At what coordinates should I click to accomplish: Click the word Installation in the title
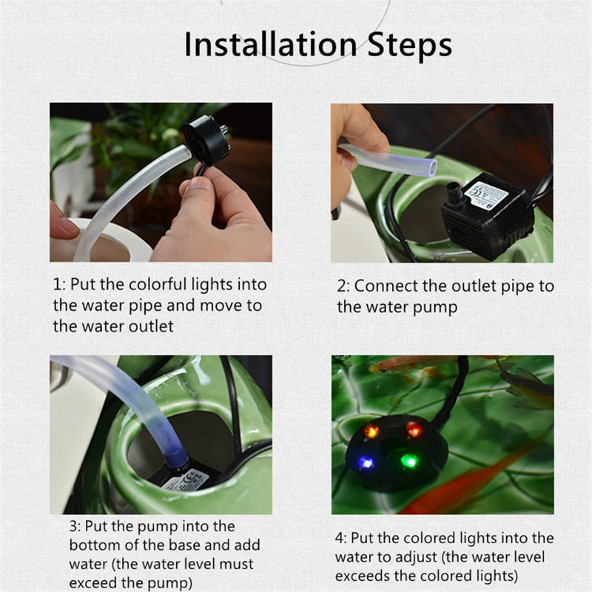coord(270,44)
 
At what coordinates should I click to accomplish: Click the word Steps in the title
coord(410,45)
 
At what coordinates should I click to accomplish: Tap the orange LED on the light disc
coord(371,431)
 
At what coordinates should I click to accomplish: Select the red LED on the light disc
coord(414,429)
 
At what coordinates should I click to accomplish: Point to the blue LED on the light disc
coord(366,462)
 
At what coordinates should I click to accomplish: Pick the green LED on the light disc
coord(410,460)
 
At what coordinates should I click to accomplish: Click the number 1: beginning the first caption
coord(60,285)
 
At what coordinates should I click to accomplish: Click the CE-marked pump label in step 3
coord(188,480)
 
